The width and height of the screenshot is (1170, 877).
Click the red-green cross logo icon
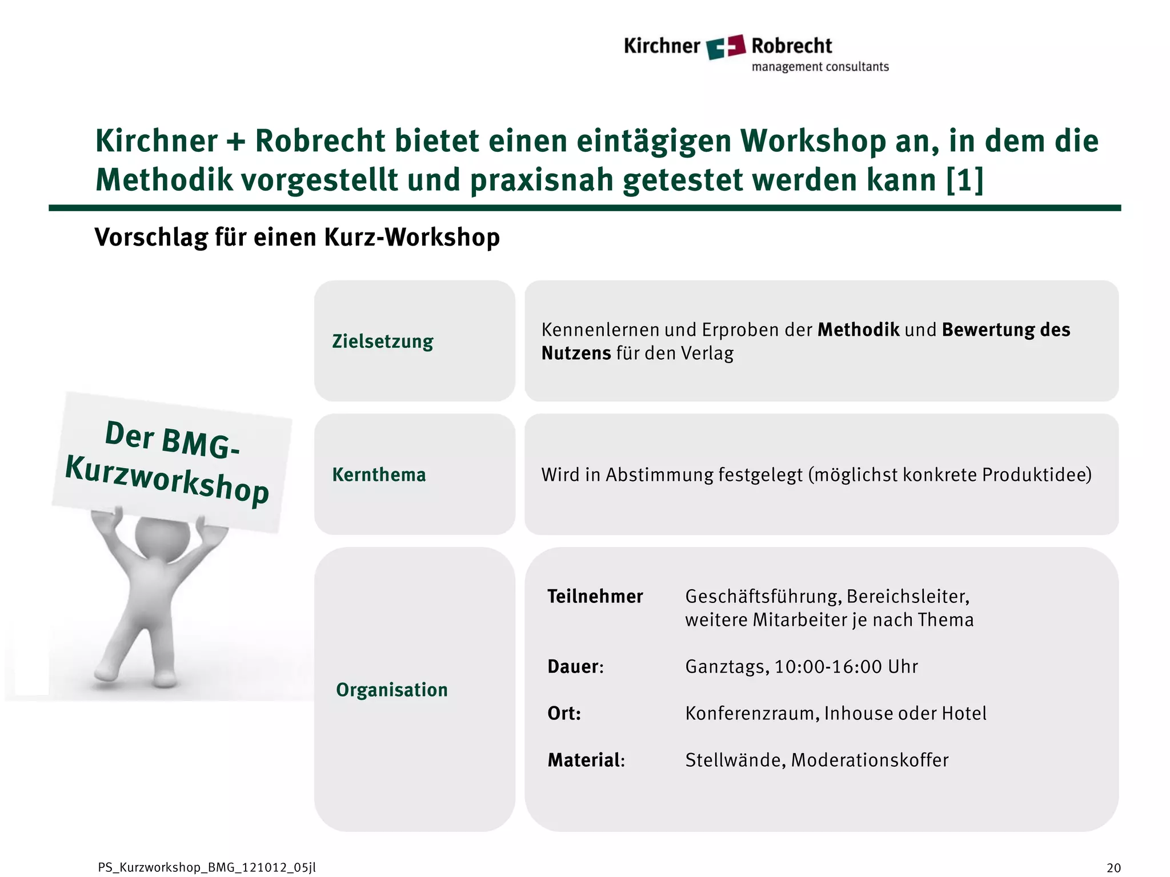coord(726,47)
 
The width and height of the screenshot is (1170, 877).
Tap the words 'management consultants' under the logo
coord(820,67)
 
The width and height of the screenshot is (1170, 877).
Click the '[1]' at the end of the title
coord(964,180)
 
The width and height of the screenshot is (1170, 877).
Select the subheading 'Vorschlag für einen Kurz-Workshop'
coord(297,238)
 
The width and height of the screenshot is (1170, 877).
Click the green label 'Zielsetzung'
coord(383,341)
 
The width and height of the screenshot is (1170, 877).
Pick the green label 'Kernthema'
coord(379,475)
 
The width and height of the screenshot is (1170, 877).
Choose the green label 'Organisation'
coord(392,690)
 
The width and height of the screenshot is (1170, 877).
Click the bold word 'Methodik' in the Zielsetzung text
coord(858,330)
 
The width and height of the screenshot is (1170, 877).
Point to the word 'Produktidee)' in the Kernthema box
coord(1037,475)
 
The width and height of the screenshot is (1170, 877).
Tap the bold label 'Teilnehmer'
coord(595,597)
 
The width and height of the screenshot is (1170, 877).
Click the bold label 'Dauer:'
coord(575,667)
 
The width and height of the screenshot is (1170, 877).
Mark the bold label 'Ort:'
coord(564,714)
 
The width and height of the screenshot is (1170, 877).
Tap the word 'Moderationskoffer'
coord(870,761)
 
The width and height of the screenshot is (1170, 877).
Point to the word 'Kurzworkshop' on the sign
coord(167,478)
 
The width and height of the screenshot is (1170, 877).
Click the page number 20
coord(1113,868)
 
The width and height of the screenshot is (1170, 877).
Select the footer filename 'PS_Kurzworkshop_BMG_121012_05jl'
coord(207,868)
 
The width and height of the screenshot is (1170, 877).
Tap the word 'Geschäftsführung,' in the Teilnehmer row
coord(763,597)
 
